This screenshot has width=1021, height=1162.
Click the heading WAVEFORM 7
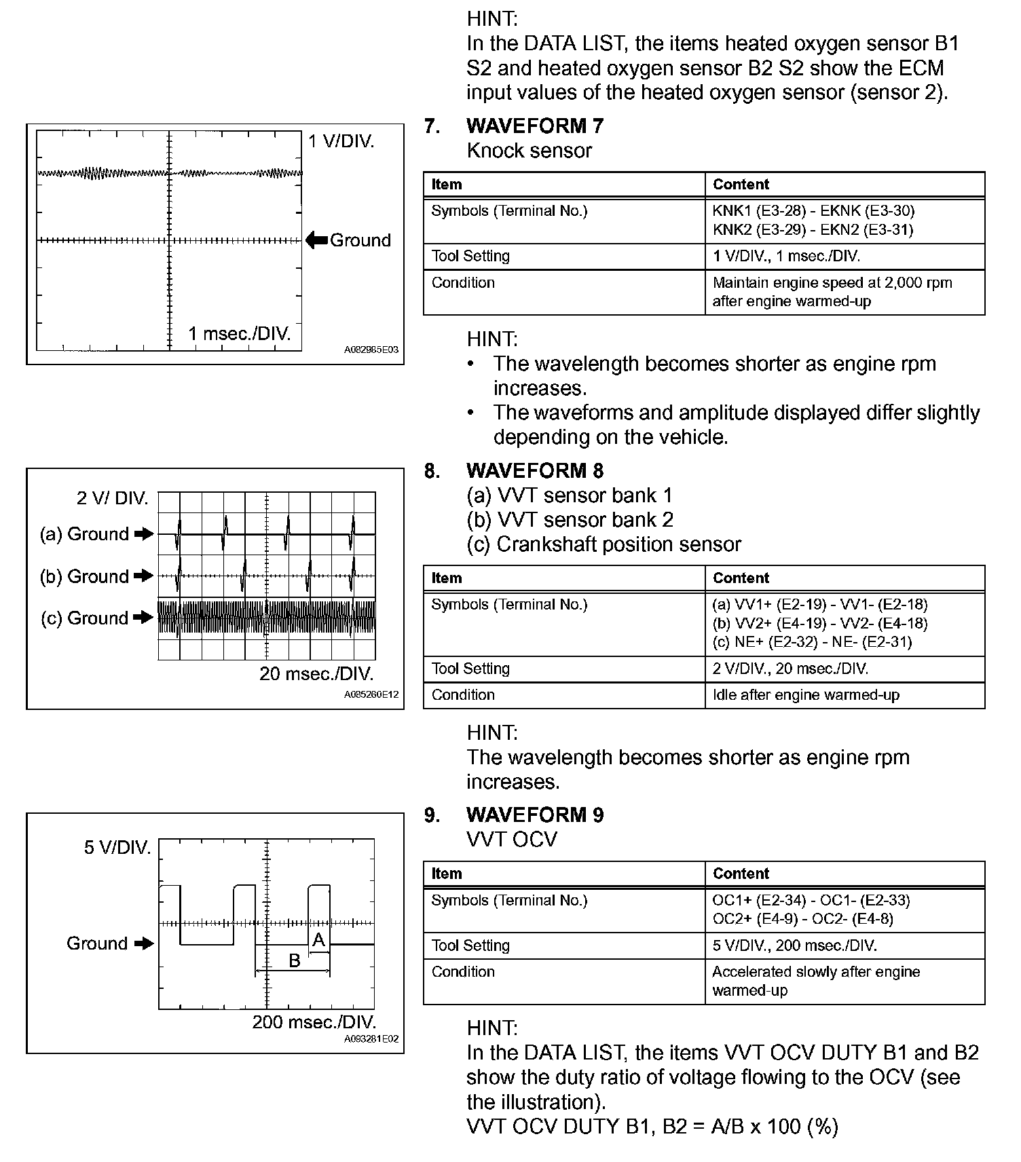pyautogui.click(x=534, y=126)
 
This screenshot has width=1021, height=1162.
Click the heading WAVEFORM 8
pyautogui.click(x=534, y=470)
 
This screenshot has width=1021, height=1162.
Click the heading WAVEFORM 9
pyautogui.click(x=534, y=814)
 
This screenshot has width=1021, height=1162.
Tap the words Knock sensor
pyautogui.click(x=529, y=151)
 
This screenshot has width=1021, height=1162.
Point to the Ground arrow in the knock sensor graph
pyautogui.click(x=316, y=240)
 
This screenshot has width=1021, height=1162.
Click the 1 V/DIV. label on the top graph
pyautogui.click(x=341, y=142)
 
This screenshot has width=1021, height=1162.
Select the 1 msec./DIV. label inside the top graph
pyautogui.click(x=239, y=333)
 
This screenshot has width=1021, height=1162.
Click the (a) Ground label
pyautogui.click(x=84, y=534)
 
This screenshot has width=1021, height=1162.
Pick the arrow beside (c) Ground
pyautogui.click(x=143, y=618)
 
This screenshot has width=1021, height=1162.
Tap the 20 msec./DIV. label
pyautogui.click(x=316, y=674)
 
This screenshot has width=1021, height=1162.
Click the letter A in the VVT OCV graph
pyautogui.click(x=318, y=941)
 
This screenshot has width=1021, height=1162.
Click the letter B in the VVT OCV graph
pyautogui.click(x=294, y=960)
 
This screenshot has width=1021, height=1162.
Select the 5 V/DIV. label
pyautogui.click(x=117, y=848)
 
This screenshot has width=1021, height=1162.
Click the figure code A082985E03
pyautogui.click(x=371, y=350)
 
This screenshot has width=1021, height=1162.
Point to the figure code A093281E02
pyautogui.click(x=371, y=1038)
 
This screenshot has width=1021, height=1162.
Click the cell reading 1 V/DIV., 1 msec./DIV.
pyautogui.click(x=786, y=257)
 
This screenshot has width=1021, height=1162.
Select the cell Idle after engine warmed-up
pyautogui.click(x=806, y=695)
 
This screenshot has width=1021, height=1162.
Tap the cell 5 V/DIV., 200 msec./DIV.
pyautogui.click(x=794, y=945)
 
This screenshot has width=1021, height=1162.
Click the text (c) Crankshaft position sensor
pyautogui.click(x=604, y=544)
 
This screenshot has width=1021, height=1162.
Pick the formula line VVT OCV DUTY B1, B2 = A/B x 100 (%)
pyautogui.click(x=652, y=1126)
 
